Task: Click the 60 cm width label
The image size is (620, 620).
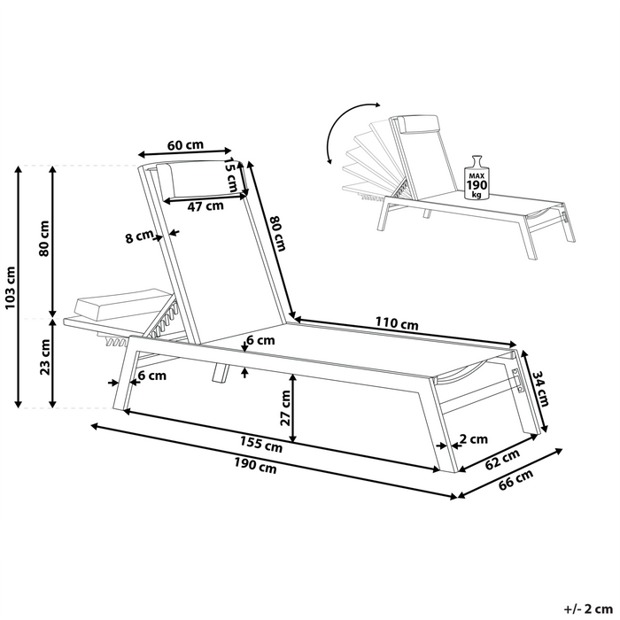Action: pos(185,145)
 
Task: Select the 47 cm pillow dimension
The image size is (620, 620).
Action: pos(206,207)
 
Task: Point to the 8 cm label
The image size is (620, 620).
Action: pos(140,236)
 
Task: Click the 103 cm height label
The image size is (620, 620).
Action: pos(10,285)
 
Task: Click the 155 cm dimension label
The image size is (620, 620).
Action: pos(261,447)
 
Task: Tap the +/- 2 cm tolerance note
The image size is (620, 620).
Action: pos(587,608)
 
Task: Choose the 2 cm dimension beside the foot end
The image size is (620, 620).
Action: pos(475,438)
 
